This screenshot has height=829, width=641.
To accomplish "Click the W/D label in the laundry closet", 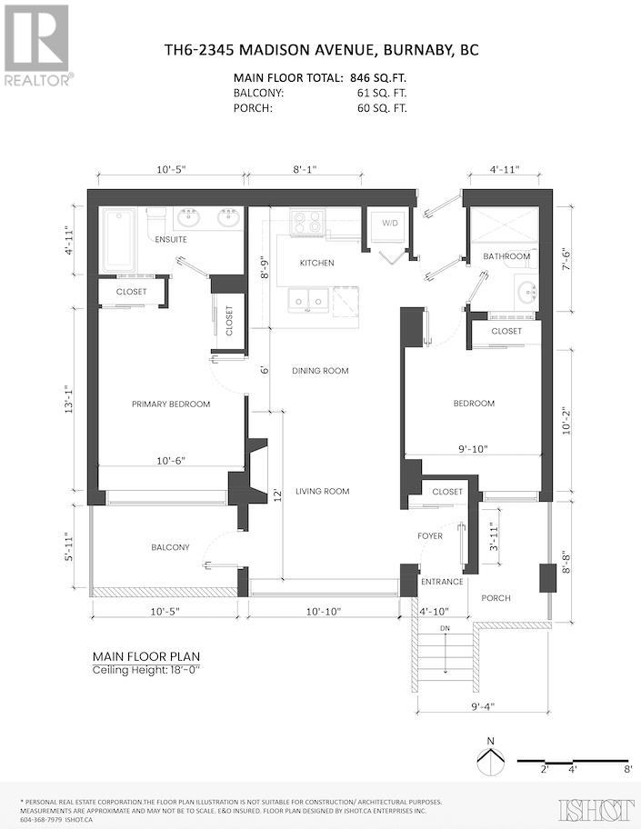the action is [x=390, y=223].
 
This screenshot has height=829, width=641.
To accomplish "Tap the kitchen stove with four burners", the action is [x=307, y=222].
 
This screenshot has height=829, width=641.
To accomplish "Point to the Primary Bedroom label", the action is [x=171, y=404].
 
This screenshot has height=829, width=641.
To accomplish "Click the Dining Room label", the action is [x=320, y=371].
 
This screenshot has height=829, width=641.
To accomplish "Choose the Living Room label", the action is [x=323, y=491].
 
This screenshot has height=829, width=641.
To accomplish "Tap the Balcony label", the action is [x=170, y=547].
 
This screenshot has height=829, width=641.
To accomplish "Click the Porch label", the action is [x=496, y=598].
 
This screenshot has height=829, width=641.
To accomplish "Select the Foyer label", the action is [x=430, y=536].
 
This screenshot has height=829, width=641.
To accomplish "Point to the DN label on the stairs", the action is [x=445, y=629].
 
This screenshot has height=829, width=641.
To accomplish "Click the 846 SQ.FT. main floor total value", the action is [x=378, y=78].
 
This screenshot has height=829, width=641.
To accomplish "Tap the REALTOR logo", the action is [x=37, y=45].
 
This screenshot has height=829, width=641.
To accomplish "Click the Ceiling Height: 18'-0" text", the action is [x=147, y=670].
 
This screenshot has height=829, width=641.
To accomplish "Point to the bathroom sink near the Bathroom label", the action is [x=526, y=293].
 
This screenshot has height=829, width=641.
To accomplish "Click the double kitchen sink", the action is [x=308, y=300].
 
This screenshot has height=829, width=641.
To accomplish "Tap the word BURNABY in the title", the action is [x=416, y=50].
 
